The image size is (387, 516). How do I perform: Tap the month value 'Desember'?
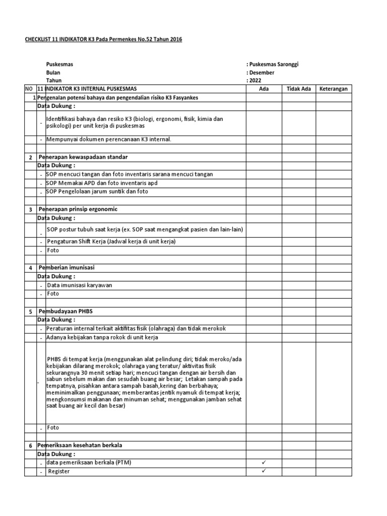(x=264, y=73)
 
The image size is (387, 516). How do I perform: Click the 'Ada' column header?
(x=264, y=89)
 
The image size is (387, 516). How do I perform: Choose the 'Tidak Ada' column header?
(x=299, y=89)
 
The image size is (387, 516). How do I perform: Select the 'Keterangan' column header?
(x=334, y=89)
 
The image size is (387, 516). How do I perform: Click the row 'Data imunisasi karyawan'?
(x=80, y=285)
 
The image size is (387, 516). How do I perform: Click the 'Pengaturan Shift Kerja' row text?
(x=111, y=242)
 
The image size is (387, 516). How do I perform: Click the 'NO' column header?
(x=29, y=89)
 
